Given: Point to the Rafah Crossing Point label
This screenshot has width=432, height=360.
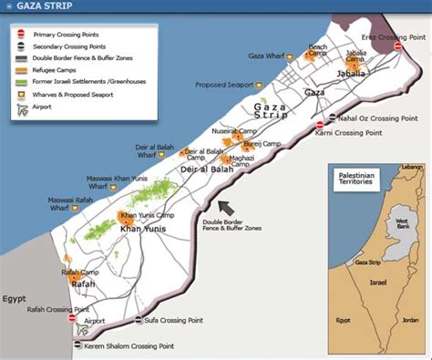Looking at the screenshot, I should pyautogui.click(x=37, y=308).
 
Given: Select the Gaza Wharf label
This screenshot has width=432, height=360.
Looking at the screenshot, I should pyautogui.click(x=268, y=57).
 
